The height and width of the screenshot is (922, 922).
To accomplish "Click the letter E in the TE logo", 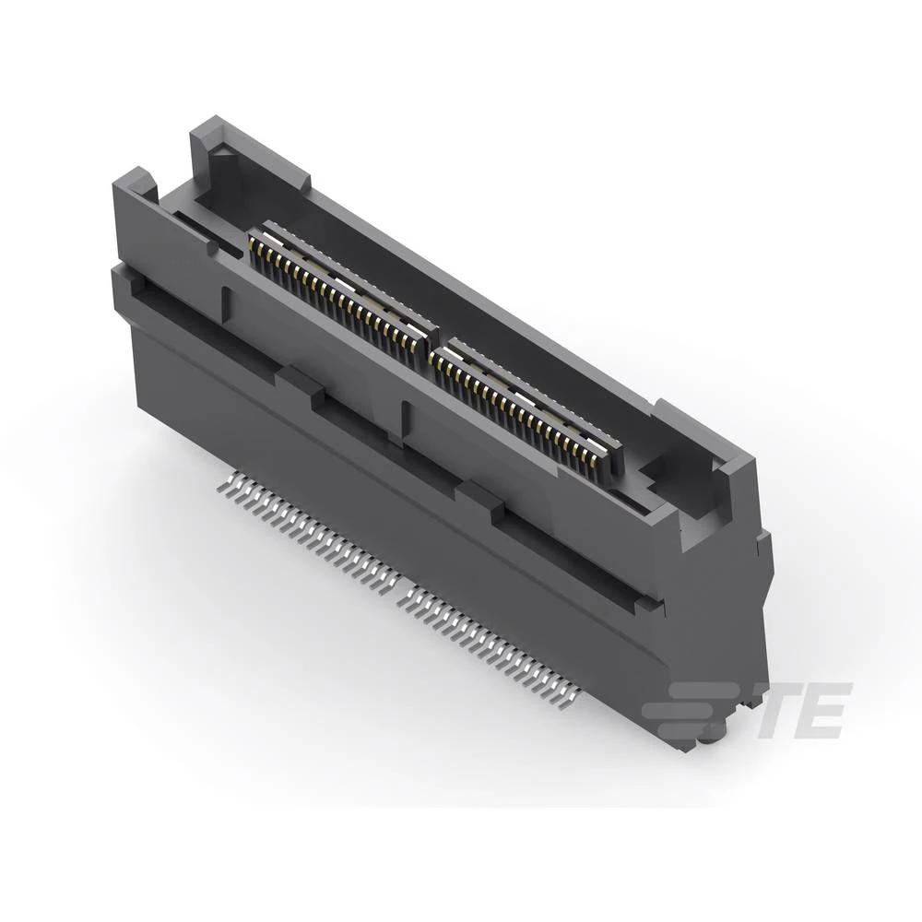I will click(826, 710).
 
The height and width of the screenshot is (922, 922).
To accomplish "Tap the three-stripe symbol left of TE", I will click(701, 710).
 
